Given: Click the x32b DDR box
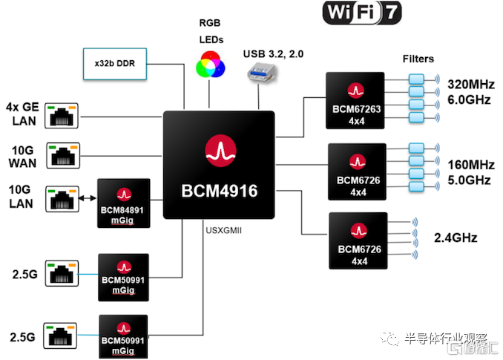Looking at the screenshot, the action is coord(115,64).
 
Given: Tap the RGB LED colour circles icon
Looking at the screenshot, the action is coord(211,65).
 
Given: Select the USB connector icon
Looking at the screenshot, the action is coord(261,72).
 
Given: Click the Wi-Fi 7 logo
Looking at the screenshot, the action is coord(362,13).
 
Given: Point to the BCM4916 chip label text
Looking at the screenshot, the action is coord(220,191).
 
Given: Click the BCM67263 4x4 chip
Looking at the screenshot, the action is coord(355,101).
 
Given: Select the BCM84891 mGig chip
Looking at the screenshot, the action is coord(124,203).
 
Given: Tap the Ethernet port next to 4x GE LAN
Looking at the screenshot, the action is coord(62,116).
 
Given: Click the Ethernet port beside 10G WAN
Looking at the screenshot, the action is coord(63,156).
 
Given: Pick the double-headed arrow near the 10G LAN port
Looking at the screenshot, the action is coord(88,198).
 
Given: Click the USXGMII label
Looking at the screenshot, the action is coord(224,230).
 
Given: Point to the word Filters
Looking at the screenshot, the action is coord(418,59).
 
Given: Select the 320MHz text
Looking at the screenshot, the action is coord(471,85).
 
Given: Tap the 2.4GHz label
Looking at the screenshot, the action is coord(456,238).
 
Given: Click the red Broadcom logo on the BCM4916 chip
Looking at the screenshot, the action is coord(220,151).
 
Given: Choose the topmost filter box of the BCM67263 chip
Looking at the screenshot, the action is coord(416,79).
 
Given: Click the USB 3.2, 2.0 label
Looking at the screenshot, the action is coord(273,54).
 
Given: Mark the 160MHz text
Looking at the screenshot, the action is coord(471,165).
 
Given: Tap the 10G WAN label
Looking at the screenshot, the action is coord(22,157).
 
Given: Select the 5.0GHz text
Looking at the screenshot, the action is coord(470,180).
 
